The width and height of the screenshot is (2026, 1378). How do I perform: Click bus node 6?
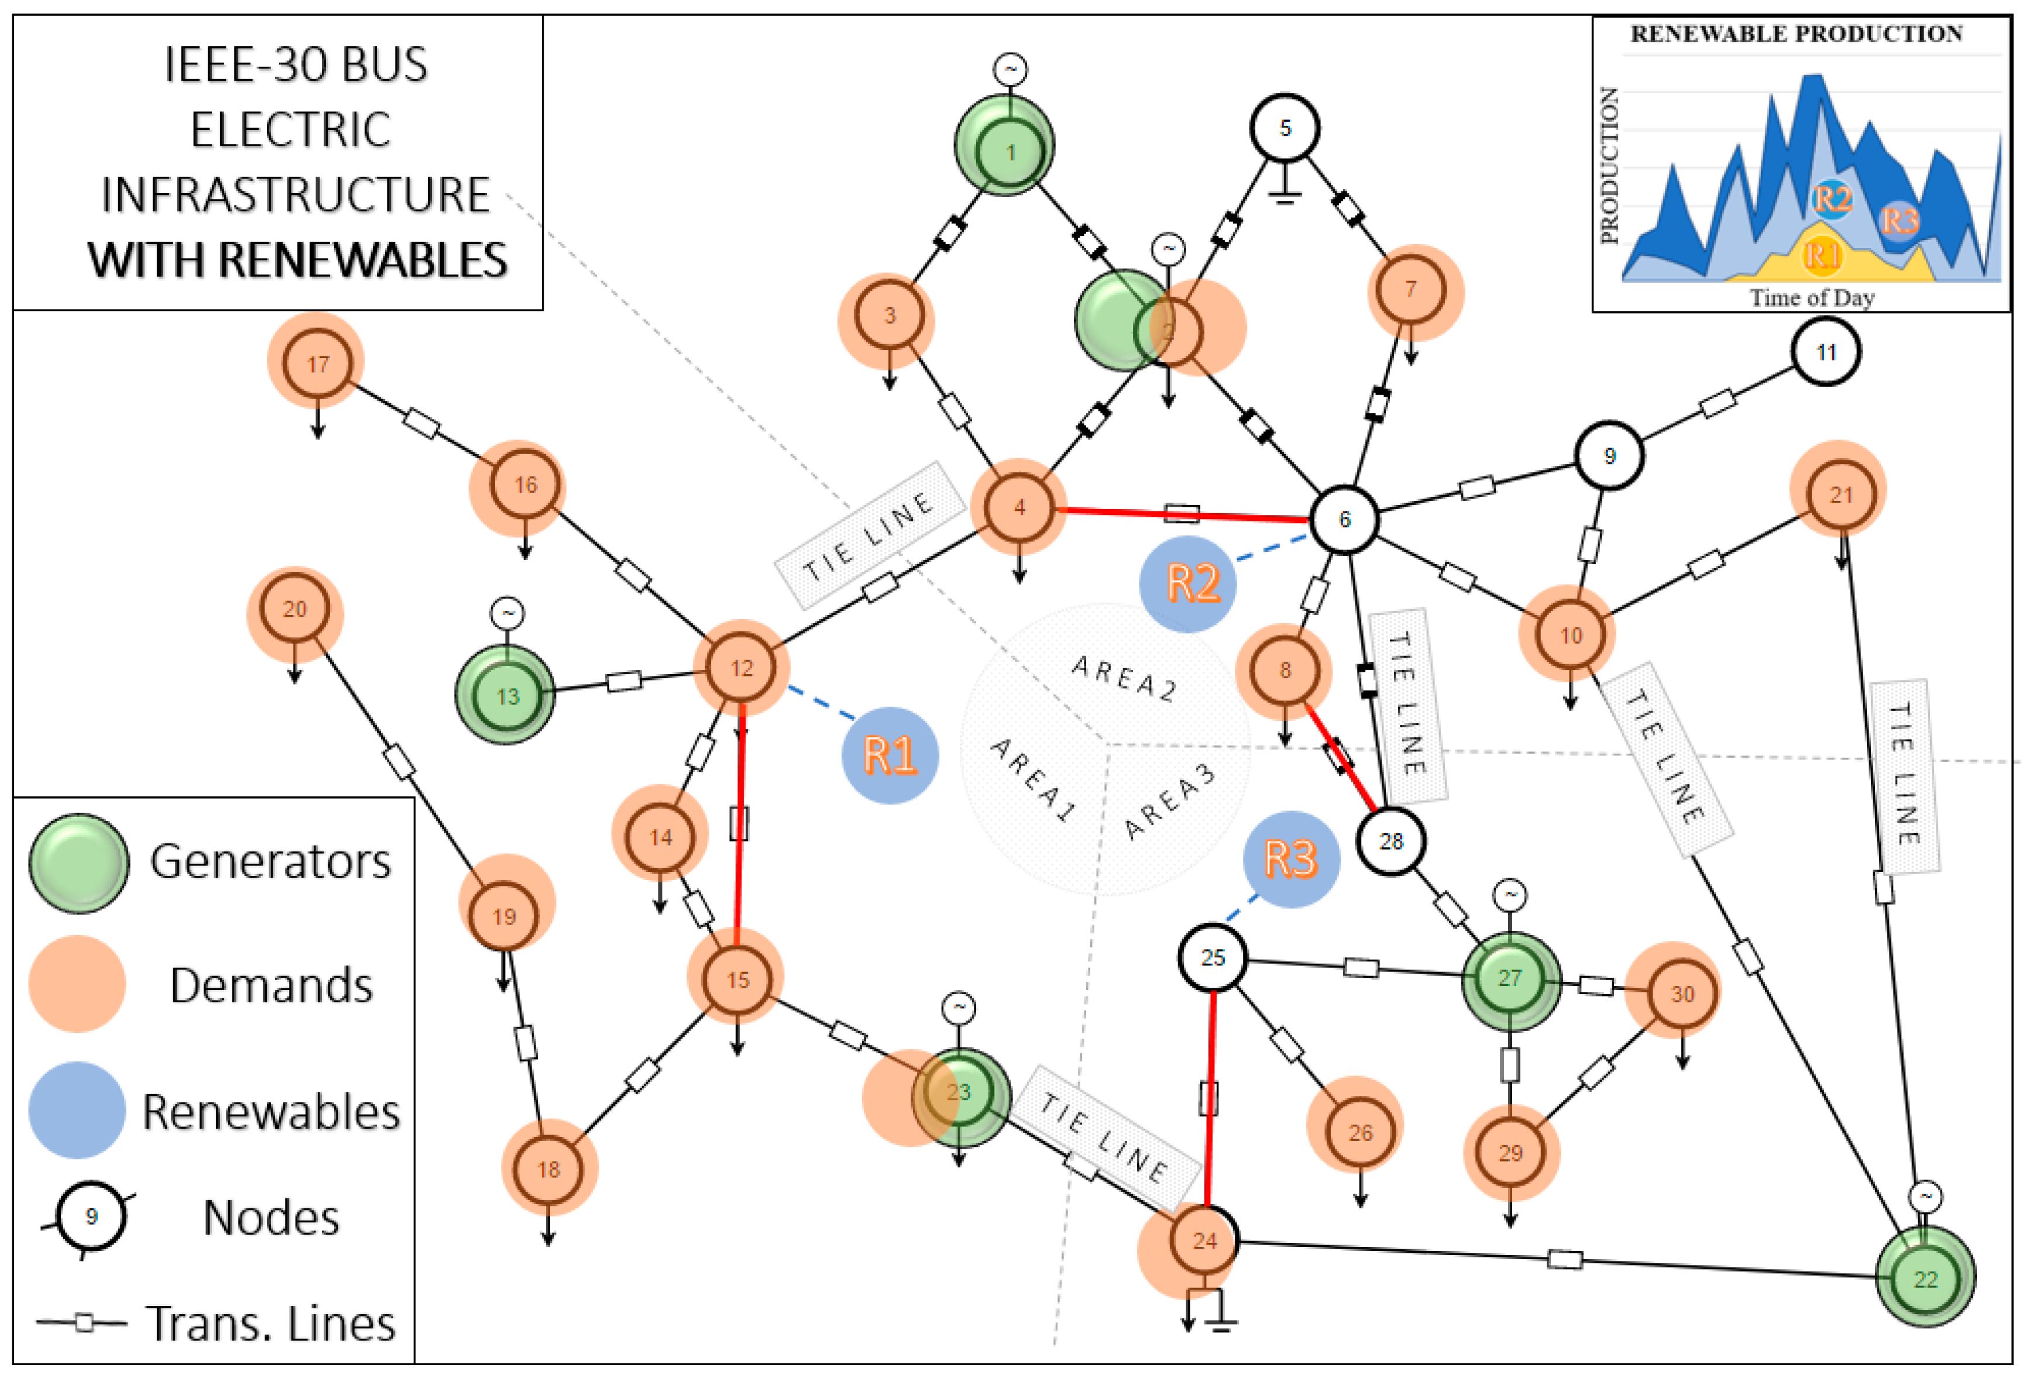click(1344, 520)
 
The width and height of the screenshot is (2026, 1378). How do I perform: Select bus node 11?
click(1825, 352)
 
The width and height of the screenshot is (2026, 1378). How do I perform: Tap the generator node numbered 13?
click(507, 696)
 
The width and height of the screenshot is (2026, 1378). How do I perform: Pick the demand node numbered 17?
click(317, 363)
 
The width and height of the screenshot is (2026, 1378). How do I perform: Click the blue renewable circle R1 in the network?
click(889, 755)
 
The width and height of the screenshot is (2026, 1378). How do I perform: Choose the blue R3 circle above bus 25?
click(1290, 860)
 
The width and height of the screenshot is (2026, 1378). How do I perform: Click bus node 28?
click(1390, 841)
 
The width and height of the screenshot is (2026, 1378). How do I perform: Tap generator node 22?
click(1925, 1279)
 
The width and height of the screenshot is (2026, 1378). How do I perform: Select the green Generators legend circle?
click(78, 863)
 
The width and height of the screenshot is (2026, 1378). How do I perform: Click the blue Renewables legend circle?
click(77, 1109)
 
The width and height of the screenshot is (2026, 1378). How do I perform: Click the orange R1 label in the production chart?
click(1821, 255)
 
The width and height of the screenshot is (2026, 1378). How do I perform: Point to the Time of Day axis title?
click(1812, 298)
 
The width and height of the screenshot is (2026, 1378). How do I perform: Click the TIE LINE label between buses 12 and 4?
click(869, 535)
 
